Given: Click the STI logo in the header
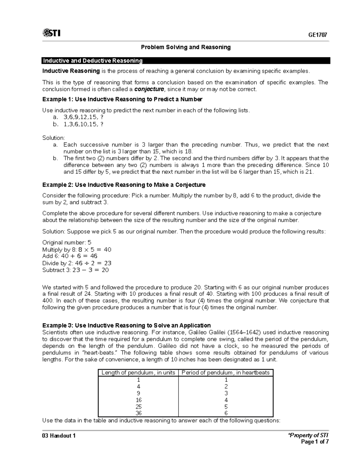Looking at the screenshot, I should tap(51, 33).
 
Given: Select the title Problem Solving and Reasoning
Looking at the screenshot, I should tap(186, 47).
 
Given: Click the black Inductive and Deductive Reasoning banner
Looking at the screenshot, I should tap(186, 61).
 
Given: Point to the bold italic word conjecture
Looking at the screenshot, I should tap(149, 89).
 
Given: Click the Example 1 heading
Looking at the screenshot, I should tap(122, 99).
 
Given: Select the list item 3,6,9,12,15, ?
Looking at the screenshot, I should tap(83, 117).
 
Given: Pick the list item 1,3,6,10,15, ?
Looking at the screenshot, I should tap(83, 124).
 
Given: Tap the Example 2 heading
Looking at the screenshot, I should tap(124, 185).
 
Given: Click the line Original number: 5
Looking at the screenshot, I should tap(67, 242).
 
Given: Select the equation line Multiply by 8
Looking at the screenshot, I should tap(76, 249).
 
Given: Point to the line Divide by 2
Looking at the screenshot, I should tap(76, 263).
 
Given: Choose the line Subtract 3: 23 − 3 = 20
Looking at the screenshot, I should tap(75, 270).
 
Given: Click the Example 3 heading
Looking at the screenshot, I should tap(126, 325).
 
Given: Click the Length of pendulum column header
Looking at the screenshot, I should tap(138, 373).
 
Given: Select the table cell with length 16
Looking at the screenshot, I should tap(138, 400).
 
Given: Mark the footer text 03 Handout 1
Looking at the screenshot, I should tap(59, 436).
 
